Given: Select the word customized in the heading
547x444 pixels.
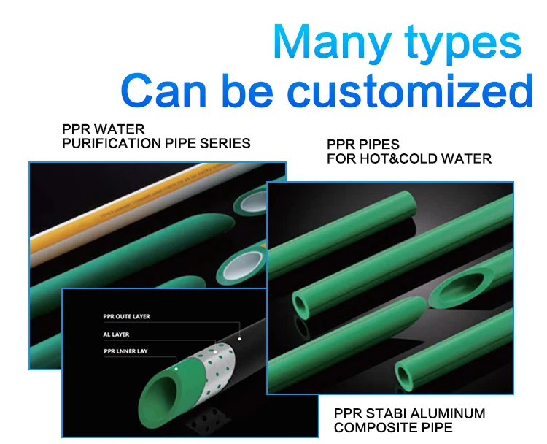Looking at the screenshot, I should coord(409,92).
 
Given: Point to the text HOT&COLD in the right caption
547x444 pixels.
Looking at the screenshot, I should coord(410,158).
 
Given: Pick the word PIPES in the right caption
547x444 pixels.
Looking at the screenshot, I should coord(381,145).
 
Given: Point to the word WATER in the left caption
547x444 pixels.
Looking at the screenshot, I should coord(123,129).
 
